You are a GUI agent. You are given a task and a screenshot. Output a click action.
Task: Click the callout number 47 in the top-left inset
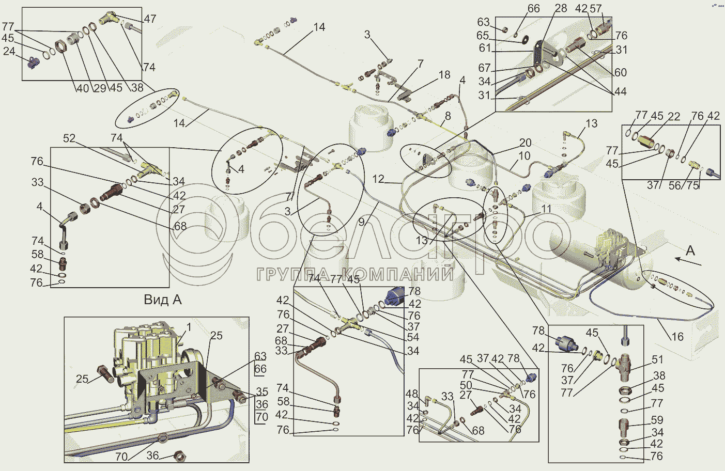click(150, 19)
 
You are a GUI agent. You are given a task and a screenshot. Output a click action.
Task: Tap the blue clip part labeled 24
click(34, 62)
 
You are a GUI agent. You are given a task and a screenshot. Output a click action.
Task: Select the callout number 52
click(69, 138)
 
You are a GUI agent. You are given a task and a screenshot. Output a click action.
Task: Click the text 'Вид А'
click(162, 300)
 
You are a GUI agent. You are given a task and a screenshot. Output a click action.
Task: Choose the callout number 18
click(444, 75)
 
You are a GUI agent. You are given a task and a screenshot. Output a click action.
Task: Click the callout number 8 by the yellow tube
click(448, 116)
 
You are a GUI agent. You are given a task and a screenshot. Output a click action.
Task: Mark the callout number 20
click(526, 143)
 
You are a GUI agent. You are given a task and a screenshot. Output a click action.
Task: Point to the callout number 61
click(485, 48)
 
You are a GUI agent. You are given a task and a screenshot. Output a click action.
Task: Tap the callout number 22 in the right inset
click(674, 116)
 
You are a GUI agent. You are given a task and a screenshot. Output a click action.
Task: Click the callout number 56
click(675, 185)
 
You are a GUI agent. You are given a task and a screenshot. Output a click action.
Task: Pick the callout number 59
click(657, 420)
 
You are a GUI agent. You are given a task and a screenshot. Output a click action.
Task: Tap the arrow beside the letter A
click(688, 261)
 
